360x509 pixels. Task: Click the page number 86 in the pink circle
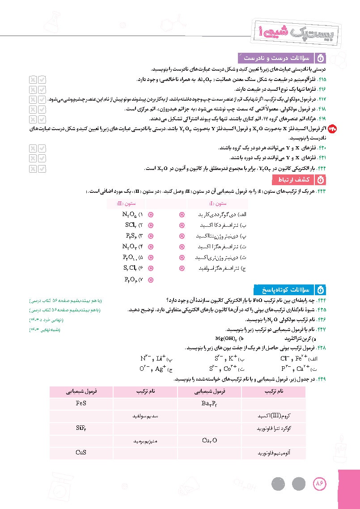point(319,484)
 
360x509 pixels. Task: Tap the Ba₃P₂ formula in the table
point(209,404)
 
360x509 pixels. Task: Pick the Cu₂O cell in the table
point(209,441)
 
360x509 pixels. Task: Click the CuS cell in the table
point(81,453)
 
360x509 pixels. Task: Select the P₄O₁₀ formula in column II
point(130,258)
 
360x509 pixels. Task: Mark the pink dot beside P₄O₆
point(150,280)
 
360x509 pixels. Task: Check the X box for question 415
point(33,80)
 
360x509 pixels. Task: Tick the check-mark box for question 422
point(42,169)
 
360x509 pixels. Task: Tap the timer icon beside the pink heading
point(320,180)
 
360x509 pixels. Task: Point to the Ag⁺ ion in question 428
point(161,369)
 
